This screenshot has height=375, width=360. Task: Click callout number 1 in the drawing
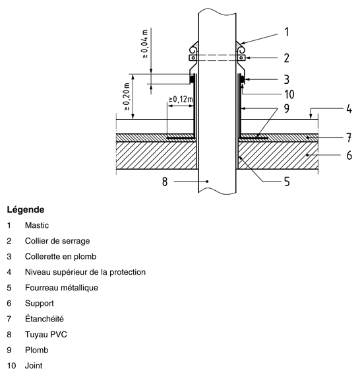coord(287,32)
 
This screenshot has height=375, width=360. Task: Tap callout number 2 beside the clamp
coord(287,58)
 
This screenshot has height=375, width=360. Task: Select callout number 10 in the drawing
coord(289,94)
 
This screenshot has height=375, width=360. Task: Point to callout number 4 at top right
coord(349,108)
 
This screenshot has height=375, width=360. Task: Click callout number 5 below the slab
coord(287,182)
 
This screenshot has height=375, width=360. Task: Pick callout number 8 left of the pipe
coord(165,182)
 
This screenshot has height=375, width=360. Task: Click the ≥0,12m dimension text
coord(181,99)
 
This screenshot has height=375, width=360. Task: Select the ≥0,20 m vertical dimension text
coord(127,96)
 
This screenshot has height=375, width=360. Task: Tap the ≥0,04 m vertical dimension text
coord(145,44)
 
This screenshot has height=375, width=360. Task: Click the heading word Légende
coord(26,209)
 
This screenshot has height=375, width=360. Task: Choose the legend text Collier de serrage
coord(57,241)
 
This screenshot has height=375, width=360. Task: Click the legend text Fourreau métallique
coord(61,287)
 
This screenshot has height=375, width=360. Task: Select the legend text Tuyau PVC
coord(46,334)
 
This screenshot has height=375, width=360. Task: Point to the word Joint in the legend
coord(34,366)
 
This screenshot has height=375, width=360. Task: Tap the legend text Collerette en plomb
coord(61,256)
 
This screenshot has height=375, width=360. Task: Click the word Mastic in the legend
coord(37,225)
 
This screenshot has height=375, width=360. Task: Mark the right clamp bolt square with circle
coord(241,57)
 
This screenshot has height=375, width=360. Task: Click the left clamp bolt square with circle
coord(193,57)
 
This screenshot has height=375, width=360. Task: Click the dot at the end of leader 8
coord(207,182)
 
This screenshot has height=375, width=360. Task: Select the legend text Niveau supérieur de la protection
coord(85,272)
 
